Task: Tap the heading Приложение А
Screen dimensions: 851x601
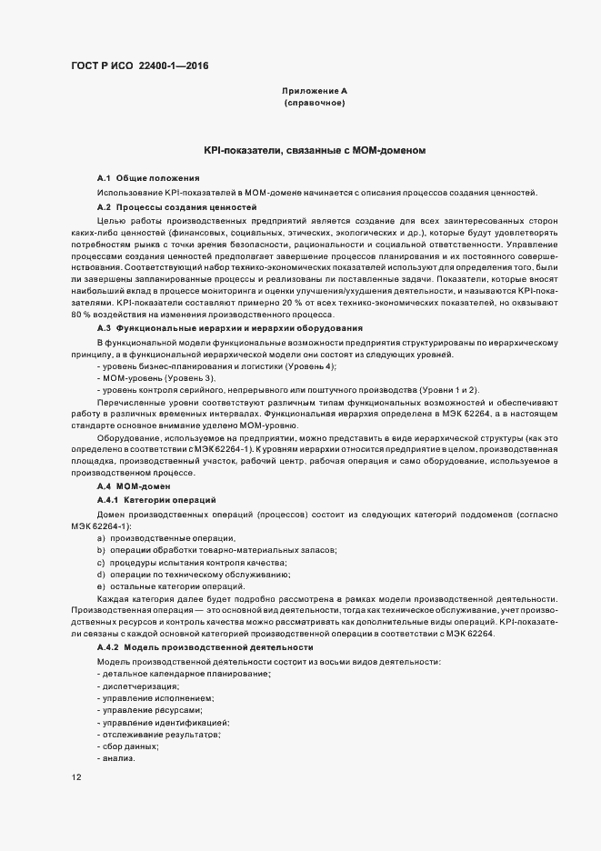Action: tap(315, 91)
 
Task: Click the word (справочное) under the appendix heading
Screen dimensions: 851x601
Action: tap(315, 104)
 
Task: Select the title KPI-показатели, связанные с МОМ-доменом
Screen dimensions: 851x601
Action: tap(315, 150)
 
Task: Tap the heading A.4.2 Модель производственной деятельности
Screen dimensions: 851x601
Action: tap(205, 646)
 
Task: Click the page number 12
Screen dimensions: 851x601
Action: tap(75, 777)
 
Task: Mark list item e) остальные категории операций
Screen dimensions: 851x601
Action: tap(170, 586)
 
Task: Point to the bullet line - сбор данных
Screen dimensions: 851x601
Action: tap(128, 746)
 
